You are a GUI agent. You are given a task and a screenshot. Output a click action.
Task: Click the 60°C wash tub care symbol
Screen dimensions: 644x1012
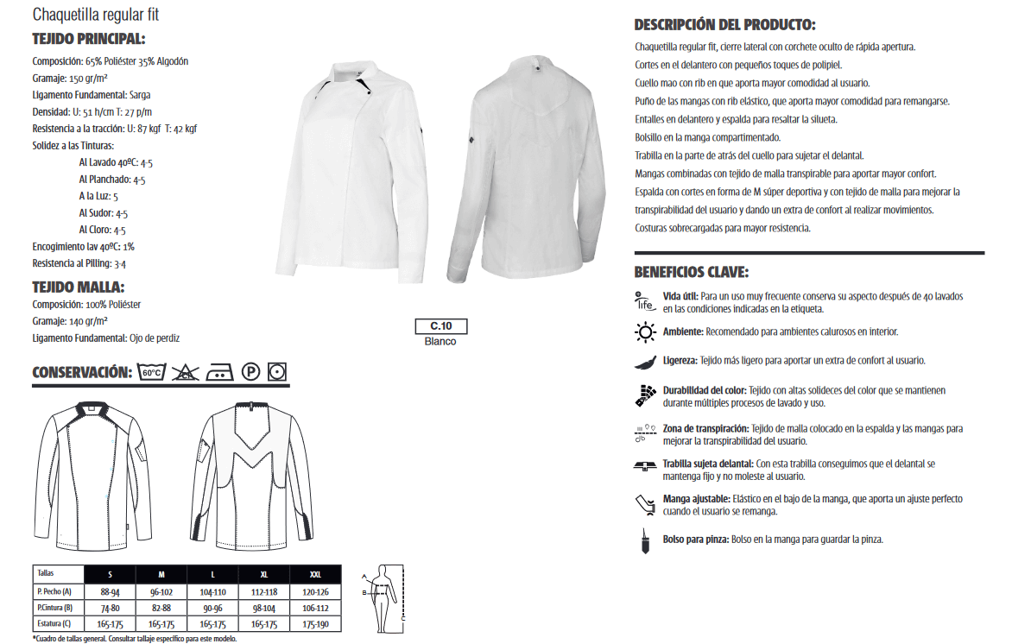pos(151,372)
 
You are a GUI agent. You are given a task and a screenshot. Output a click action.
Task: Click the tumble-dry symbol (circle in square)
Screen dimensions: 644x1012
pos(277,372)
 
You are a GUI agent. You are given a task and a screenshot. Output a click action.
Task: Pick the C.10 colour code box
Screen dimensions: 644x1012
pos(440,326)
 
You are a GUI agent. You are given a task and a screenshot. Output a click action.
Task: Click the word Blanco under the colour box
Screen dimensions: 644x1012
pos(440,341)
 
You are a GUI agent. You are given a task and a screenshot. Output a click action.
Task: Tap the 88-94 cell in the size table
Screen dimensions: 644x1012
pos(110,591)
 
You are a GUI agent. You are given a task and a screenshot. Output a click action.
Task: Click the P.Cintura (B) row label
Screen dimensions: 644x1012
pos(56,608)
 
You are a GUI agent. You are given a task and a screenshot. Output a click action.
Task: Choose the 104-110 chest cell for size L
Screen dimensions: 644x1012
pos(212,591)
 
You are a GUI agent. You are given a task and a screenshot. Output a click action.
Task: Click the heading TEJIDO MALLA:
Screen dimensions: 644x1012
pos(79,287)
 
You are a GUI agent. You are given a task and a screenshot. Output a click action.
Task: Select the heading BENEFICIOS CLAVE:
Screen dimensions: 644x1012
pos(691,272)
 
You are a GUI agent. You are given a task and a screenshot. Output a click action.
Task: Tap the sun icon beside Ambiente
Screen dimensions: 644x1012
pos(645,332)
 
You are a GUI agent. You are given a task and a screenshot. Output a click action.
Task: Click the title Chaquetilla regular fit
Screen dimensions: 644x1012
pos(95,15)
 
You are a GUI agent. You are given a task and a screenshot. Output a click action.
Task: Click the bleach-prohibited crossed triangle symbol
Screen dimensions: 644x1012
pos(184,372)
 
